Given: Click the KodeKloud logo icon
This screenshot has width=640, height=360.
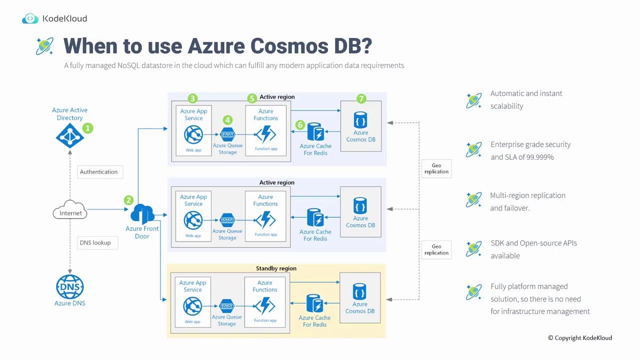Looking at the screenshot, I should [x=30, y=18].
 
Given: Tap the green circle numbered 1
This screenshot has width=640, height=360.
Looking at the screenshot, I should [x=87, y=128].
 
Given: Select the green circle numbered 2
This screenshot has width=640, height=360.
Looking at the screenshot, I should [x=128, y=200].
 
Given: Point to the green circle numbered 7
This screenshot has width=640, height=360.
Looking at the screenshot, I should [x=361, y=99].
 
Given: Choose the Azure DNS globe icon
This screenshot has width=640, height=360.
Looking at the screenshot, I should [x=69, y=287].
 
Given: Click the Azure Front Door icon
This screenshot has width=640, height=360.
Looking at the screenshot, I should [x=142, y=214].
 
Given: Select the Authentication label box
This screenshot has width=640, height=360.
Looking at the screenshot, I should [x=99, y=171].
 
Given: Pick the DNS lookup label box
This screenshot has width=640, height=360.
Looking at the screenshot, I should [x=95, y=242].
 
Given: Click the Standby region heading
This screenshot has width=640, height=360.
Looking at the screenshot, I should [x=276, y=268].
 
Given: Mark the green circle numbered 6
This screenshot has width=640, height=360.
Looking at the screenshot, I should [x=300, y=124].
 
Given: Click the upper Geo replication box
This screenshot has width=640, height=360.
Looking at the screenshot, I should [x=436, y=168].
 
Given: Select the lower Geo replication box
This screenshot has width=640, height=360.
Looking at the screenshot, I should [x=436, y=249].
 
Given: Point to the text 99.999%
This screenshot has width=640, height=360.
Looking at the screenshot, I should [x=536, y=157].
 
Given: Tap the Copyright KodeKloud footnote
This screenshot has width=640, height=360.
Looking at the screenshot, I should [x=580, y=338].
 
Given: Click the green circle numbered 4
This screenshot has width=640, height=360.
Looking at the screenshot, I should [x=227, y=120].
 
